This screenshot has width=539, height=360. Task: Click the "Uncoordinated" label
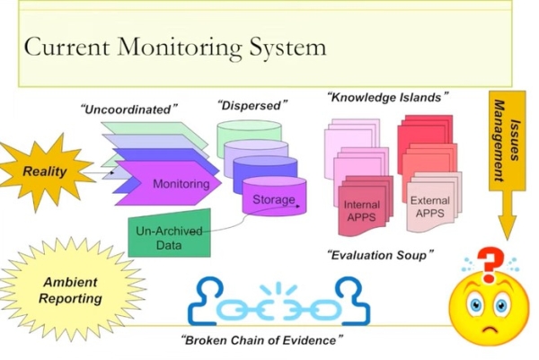129,110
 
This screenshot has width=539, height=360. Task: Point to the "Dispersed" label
251,105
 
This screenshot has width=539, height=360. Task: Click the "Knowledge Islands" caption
387,96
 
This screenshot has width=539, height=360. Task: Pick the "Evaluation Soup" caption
380,255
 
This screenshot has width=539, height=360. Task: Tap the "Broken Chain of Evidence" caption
261,341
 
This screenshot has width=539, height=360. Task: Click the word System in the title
286,46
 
